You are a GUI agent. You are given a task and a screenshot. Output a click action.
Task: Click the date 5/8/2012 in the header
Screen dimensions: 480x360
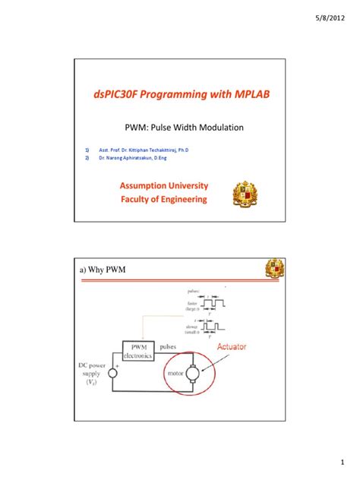(335, 15)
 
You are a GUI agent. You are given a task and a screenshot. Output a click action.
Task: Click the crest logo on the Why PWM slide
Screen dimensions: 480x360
(274, 268)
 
